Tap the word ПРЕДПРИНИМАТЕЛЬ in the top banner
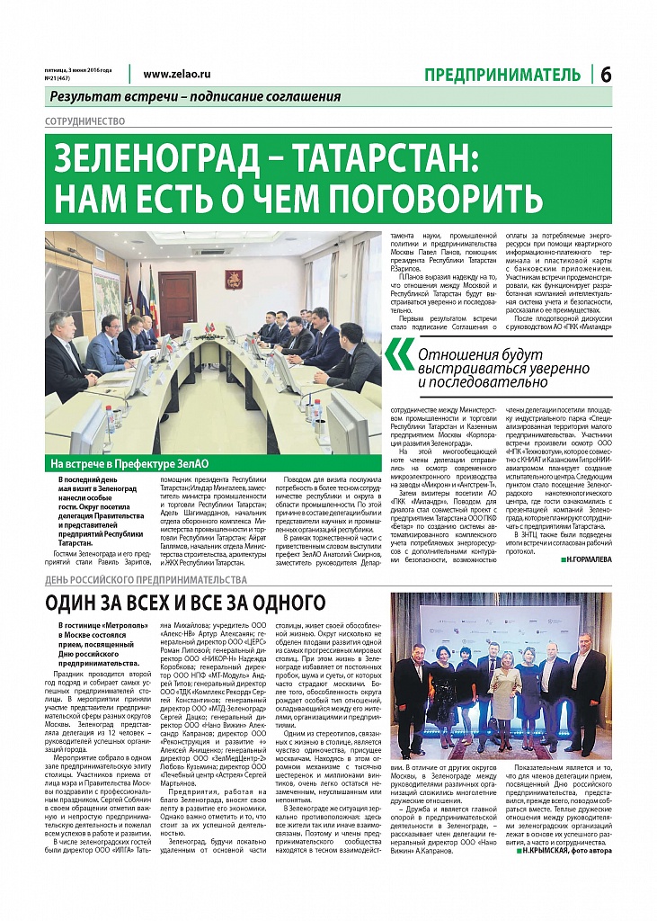point(503,75)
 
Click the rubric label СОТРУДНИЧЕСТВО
point(84,121)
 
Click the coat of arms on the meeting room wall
point(233,281)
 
